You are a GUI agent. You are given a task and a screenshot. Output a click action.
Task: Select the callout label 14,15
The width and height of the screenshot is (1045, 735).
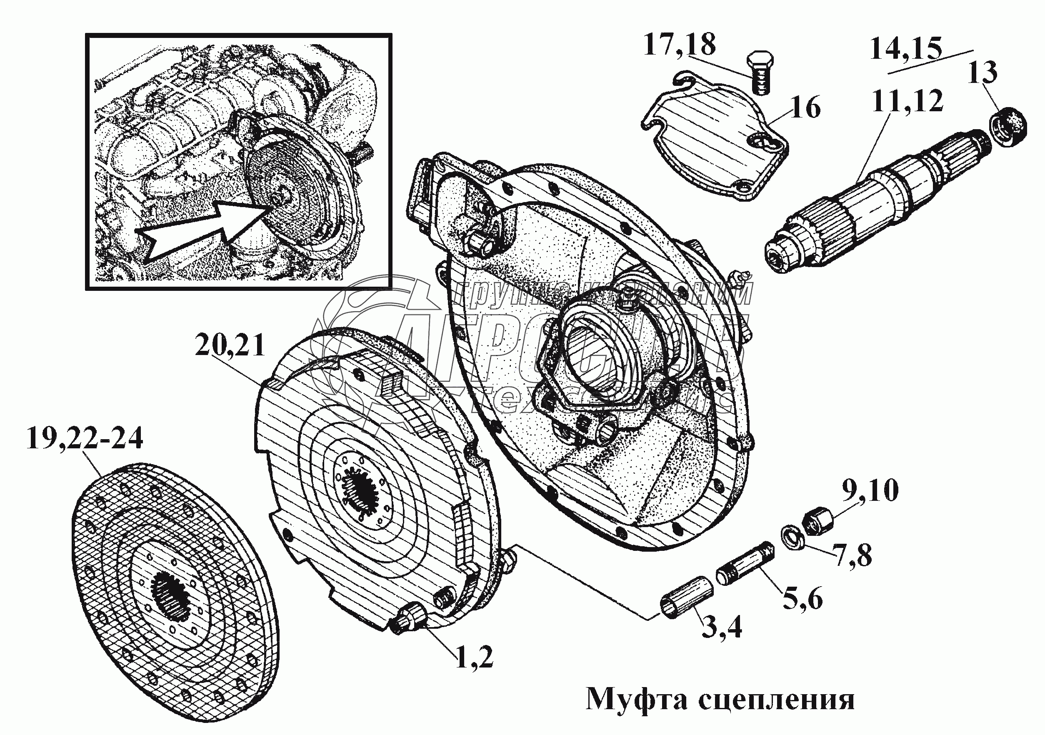[x=905, y=49]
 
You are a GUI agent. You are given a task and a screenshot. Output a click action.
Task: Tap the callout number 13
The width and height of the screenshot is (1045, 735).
[x=982, y=73]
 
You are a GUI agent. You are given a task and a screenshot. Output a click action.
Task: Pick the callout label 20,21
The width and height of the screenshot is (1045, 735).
[x=230, y=345]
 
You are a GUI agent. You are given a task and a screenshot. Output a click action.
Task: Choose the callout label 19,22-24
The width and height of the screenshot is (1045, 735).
[x=85, y=439]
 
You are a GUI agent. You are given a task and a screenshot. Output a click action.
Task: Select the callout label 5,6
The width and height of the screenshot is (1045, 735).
[x=803, y=600]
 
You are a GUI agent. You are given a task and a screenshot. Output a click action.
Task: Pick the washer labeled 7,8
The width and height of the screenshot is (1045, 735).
[x=792, y=537]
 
